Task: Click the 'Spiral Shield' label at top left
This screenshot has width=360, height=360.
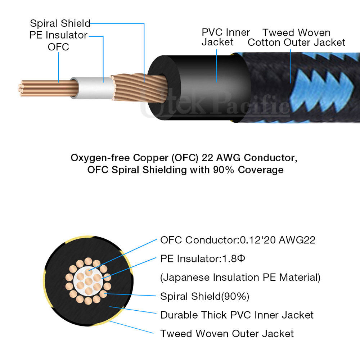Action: [x=60, y=24]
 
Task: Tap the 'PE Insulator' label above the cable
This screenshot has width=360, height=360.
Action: [x=58, y=35]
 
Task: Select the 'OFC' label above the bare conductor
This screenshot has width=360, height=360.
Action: [x=58, y=47]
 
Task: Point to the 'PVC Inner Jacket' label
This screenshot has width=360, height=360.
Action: [x=225, y=37]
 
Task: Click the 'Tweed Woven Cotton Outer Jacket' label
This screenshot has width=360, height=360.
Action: [x=296, y=37]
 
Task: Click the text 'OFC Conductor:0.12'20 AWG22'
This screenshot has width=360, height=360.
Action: [x=238, y=240]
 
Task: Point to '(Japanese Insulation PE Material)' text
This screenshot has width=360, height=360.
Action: [x=240, y=278]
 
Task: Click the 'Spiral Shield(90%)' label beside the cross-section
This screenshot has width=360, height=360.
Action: [x=205, y=296]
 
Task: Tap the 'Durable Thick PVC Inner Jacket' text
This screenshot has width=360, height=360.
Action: [x=237, y=315]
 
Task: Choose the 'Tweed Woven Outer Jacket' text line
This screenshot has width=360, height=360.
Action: [x=227, y=334]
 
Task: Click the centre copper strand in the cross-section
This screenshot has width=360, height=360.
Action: [x=88, y=281]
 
